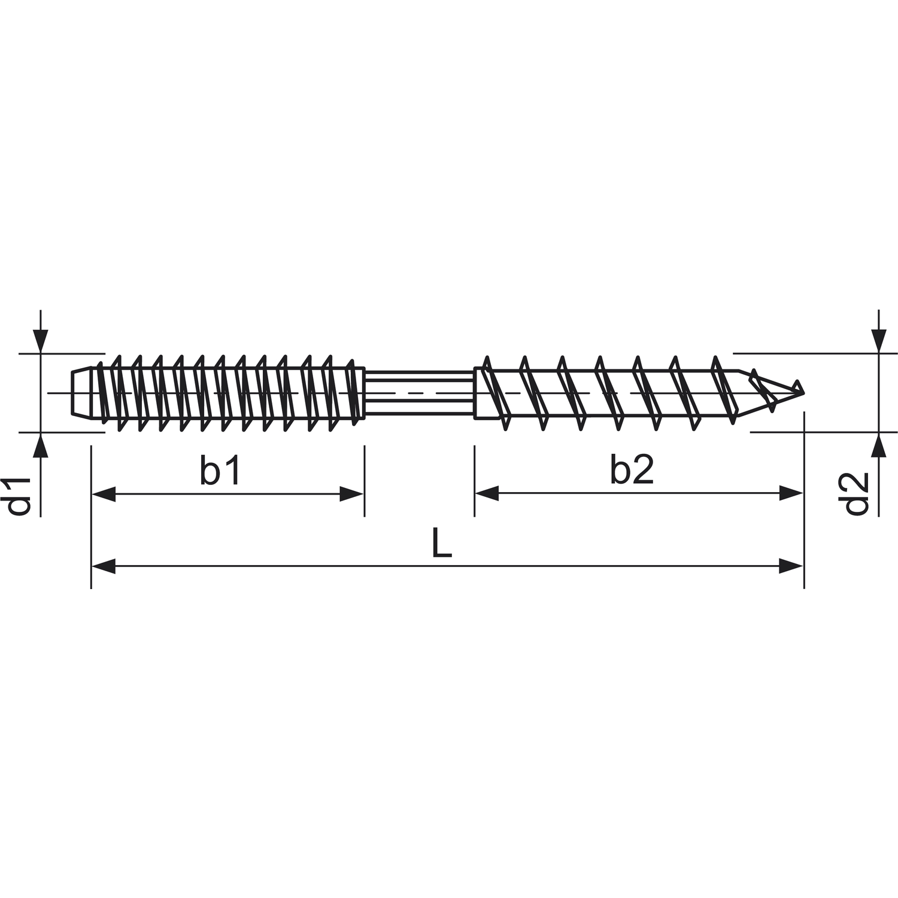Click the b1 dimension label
coord(220,471)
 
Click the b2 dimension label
coord(632,471)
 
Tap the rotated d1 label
coord(19,496)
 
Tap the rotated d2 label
coord(857,494)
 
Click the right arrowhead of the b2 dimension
coord(791,494)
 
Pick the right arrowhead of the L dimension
coord(791,566)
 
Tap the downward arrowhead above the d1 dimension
coord(40,341)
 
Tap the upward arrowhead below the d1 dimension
coord(40,444)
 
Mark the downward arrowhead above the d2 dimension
coord(878,341)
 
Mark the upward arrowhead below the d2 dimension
coord(878,444)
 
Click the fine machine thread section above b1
coord(227,392)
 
